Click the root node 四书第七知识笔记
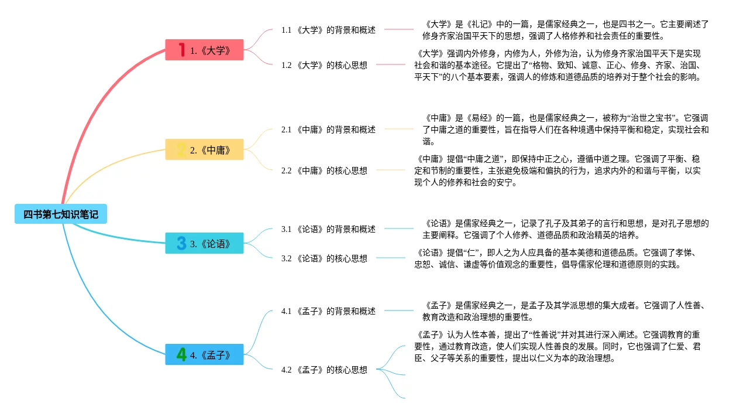click(x=61, y=214)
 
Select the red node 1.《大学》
click(x=204, y=50)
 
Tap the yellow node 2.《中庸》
click(x=204, y=149)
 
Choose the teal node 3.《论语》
click(x=204, y=243)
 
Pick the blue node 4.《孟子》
click(x=204, y=354)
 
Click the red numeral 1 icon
click(x=181, y=50)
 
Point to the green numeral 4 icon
click(x=182, y=354)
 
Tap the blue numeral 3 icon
click(x=181, y=243)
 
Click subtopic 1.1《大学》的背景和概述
click(x=328, y=30)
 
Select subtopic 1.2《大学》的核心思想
click(x=324, y=65)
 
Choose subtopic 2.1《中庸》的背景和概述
click(x=328, y=129)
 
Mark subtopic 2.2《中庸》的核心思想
click(x=324, y=170)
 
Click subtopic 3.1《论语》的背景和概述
click(x=328, y=229)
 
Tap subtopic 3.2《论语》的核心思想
click(x=324, y=258)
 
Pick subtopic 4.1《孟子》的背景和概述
click(x=328, y=311)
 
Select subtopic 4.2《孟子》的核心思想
click(x=324, y=370)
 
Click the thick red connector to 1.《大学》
click(x=94, y=111)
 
